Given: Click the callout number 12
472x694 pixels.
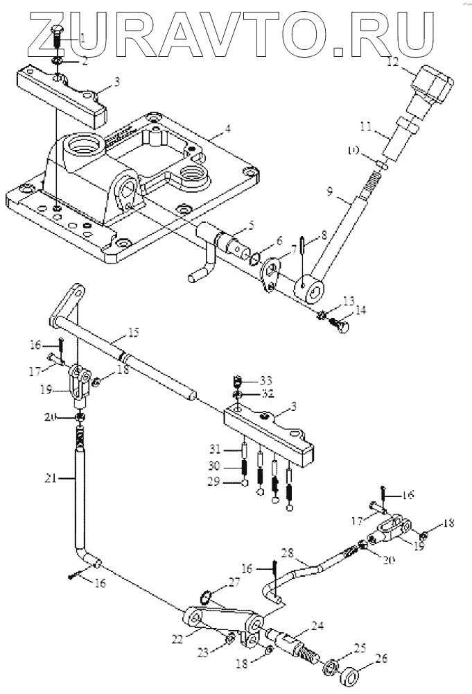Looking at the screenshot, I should (x=394, y=62).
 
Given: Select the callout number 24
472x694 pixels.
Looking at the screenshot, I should (x=318, y=625).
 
